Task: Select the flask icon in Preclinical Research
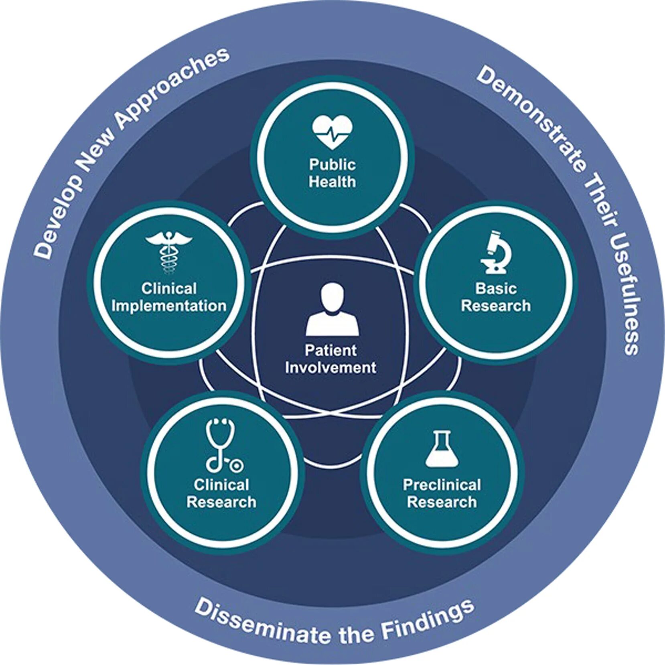coord(442,449)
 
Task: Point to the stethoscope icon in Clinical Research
coord(223,445)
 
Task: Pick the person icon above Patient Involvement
coord(332,309)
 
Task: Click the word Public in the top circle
coord(332,164)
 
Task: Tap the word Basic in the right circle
coord(496,288)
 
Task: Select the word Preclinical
coord(442,485)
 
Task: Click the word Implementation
coord(169,306)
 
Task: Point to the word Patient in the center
coord(330,350)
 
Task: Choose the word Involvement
coord(330,368)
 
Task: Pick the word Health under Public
coord(332,182)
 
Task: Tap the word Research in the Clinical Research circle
coord(221,502)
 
